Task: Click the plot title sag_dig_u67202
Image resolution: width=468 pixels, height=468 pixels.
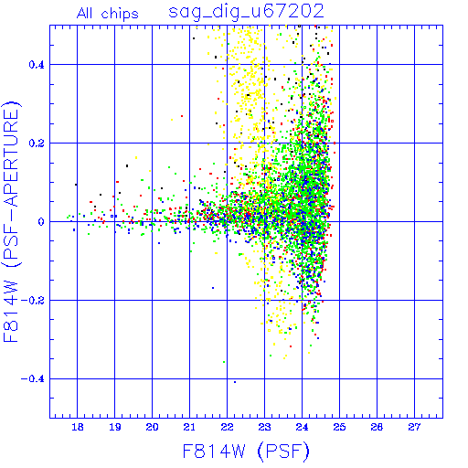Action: pos(246,12)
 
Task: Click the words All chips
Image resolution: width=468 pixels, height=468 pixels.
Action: pos(108,14)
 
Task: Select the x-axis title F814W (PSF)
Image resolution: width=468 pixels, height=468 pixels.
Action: pos(246,452)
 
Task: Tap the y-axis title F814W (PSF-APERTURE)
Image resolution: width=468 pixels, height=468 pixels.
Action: pos(11,221)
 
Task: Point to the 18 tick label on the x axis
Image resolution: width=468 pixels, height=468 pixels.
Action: pos(78,427)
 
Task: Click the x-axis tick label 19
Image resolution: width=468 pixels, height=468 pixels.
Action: pos(115,427)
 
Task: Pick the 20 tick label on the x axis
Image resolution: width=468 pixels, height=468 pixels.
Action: pos(153,427)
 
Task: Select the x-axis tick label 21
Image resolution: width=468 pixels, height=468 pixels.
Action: pos(189,427)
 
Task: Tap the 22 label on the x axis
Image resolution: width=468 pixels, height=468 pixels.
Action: pos(227,427)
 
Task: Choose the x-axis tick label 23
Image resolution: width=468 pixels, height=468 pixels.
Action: pos(264,427)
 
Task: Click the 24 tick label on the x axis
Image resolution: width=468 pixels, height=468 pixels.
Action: pos(302,427)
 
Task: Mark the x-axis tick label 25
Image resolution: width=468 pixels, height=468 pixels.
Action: pos(339,427)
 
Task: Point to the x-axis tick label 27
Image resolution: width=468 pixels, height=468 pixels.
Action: pos(414,427)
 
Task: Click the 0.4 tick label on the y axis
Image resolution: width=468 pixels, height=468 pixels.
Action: pos(37,65)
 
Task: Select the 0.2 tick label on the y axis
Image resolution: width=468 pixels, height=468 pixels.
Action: pos(37,144)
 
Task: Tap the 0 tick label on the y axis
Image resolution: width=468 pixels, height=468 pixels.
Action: pos(41,222)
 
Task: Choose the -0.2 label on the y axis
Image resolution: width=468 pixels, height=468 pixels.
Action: pos(33,301)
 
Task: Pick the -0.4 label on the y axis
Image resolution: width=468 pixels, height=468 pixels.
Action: pos(33,379)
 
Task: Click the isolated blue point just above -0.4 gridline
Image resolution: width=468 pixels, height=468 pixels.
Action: pos(235,382)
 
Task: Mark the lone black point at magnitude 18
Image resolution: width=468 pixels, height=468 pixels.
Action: pos(76,185)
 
